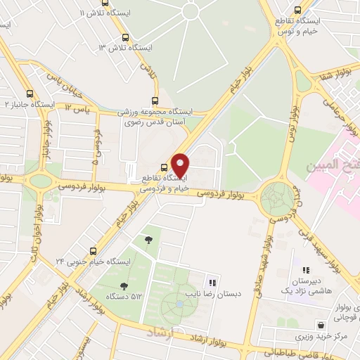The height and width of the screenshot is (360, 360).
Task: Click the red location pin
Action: tap(181, 166)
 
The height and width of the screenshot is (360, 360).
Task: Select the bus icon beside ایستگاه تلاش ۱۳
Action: tap(125, 38)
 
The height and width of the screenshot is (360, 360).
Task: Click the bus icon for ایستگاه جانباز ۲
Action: tap(30, 93)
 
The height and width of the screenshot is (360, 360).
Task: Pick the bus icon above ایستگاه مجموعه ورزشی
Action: tap(155, 101)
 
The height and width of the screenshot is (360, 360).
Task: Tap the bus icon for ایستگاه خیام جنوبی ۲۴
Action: tap(94, 251)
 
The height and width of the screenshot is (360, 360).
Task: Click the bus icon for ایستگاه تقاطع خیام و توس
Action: tap(298, 11)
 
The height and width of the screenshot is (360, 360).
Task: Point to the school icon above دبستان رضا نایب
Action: tap(211, 281)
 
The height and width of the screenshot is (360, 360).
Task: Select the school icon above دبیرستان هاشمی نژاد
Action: tap(306, 269)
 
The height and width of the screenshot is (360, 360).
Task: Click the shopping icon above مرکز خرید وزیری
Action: tap(321, 326)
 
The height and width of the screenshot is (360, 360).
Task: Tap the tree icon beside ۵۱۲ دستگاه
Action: tap(124, 286)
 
